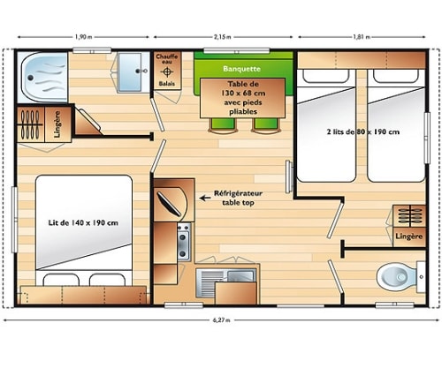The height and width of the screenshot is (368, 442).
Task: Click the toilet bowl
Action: click(396, 276)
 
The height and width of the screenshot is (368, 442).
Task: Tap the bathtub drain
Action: click(30, 78)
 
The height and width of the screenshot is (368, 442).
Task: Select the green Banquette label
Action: click(241, 69)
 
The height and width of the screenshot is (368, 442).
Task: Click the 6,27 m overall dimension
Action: click(221, 320)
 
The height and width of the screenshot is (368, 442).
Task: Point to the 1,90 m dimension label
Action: click(83, 37)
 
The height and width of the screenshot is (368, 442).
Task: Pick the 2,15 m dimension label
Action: click(223, 37)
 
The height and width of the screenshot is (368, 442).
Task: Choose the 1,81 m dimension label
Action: click(362, 37)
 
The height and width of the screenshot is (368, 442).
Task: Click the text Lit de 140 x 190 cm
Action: click(83, 222)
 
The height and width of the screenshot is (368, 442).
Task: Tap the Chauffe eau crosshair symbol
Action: click(167, 71)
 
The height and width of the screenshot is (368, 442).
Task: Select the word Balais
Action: click(167, 84)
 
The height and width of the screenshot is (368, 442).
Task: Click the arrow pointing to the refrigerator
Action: click(205, 198)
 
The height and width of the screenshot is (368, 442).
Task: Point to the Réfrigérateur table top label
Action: click(238, 198)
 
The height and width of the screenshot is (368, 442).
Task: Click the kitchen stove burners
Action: click(183, 242)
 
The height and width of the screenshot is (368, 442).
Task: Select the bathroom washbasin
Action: click(130, 72)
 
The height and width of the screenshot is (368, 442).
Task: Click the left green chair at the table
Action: click(223, 126)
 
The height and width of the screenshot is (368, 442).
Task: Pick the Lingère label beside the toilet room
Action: click(409, 237)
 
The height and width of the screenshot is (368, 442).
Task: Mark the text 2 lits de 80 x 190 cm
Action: click(362, 131)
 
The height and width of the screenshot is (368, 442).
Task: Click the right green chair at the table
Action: click(266, 126)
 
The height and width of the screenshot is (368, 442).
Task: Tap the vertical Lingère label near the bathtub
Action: click(57, 124)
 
